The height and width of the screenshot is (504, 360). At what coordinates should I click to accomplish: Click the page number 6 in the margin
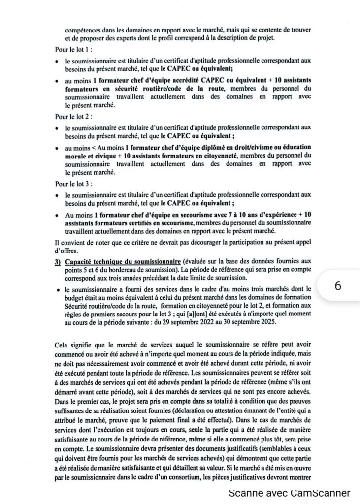(x=338, y=285)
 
